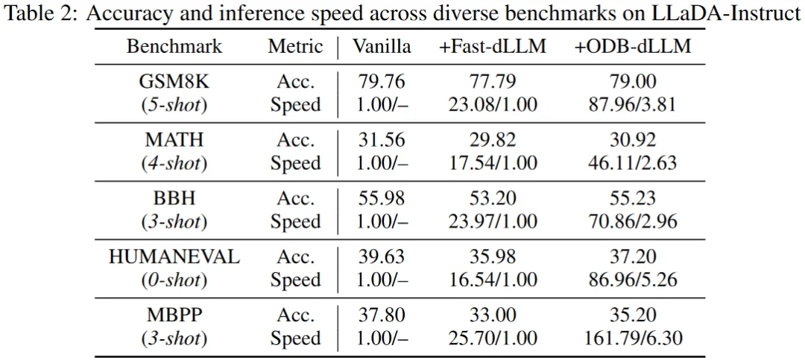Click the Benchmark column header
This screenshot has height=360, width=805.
pos(174,46)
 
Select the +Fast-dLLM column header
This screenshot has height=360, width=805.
pos(492,46)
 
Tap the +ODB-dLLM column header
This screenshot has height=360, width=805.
pos(633,46)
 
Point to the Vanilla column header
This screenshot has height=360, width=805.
pos(382,46)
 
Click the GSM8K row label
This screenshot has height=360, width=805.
pos(174,81)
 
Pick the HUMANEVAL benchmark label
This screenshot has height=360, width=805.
pos(174,257)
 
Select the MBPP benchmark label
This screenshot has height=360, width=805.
pos(174,315)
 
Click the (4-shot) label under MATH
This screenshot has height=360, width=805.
pos(174,162)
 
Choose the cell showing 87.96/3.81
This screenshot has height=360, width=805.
pos(633,104)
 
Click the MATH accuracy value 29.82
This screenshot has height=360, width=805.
pos(492,139)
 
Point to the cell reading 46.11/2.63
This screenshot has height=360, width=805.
pos(633,162)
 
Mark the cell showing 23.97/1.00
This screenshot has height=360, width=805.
pos(492,221)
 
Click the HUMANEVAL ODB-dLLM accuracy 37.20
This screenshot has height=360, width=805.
pos(633,257)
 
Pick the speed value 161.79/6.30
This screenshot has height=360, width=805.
pos(633,338)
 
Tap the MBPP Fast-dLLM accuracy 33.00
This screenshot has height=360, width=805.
pos(492,315)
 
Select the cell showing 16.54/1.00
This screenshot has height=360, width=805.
pos(492,280)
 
